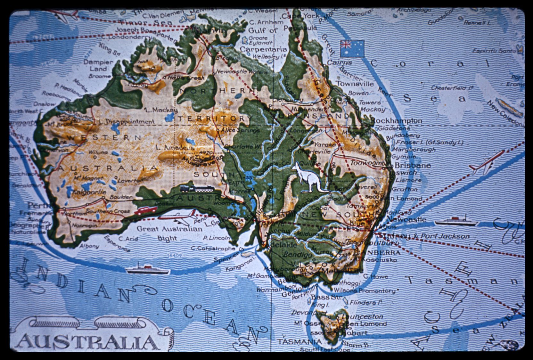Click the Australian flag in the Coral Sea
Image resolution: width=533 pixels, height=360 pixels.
point(352,48)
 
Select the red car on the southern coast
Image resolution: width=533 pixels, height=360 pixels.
point(146,210)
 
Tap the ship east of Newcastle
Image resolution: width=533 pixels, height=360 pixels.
point(456,221)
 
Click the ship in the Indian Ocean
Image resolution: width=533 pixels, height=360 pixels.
point(148,269)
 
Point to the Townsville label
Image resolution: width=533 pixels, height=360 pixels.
point(355,84)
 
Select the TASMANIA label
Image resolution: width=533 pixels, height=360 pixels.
point(295,342)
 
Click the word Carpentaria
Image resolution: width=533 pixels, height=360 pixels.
point(263,49)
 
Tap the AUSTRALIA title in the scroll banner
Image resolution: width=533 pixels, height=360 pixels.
point(87,342)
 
